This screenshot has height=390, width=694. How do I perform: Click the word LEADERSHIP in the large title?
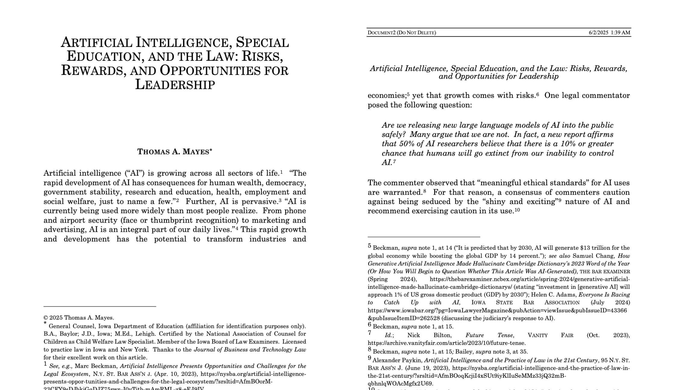(x=175, y=85)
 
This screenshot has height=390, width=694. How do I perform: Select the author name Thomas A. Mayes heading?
(x=175, y=152)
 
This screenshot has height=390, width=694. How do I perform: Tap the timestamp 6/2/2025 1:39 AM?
(x=609, y=33)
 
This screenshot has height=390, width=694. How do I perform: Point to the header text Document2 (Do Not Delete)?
(x=402, y=33)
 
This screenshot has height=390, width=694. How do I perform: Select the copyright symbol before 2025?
(x=46, y=318)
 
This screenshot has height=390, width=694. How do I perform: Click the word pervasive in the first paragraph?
(x=259, y=202)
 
